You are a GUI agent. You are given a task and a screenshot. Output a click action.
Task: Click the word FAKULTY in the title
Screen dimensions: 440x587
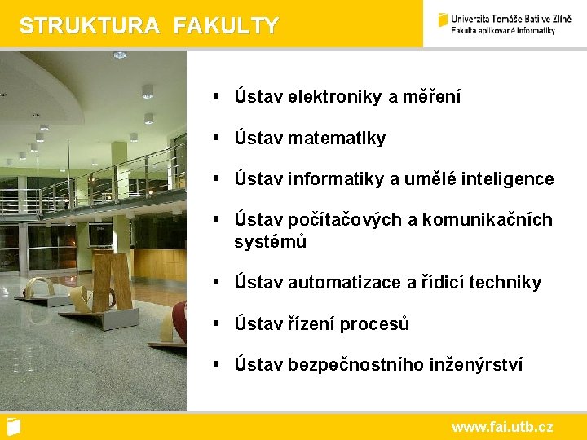coord(226,26)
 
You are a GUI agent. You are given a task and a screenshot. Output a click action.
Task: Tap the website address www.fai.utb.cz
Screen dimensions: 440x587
coord(501,426)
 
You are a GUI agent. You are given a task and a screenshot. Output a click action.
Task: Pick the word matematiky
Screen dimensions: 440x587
coord(336,139)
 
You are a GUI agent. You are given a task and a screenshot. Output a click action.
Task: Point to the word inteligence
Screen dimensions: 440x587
coord(503,178)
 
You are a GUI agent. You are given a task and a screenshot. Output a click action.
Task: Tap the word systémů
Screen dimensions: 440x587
coord(270,242)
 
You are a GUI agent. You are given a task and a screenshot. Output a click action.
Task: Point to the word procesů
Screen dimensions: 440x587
coord(374,323)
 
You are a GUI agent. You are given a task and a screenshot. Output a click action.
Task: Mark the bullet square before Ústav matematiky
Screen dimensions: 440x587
coord(217,138)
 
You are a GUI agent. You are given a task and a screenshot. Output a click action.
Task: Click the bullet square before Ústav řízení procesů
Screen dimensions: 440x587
coord(217,323)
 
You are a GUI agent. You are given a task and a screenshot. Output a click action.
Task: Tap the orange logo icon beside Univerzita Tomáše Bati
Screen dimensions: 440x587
coord(443,20)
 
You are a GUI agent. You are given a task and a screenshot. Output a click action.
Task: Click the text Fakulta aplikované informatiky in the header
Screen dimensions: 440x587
coord(503,30)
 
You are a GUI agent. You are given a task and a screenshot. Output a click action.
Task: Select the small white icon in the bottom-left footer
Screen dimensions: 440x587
coord(13,426)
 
